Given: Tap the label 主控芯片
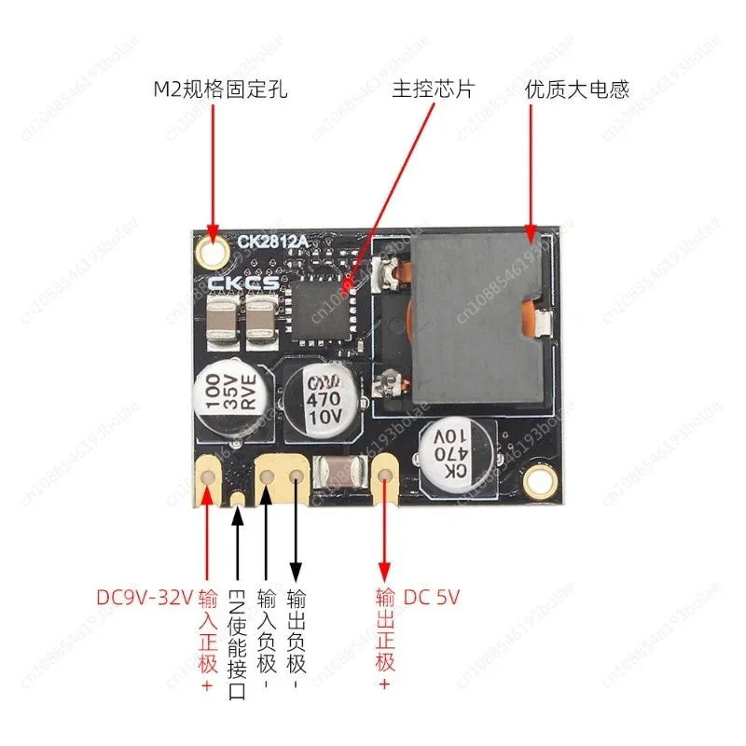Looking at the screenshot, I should click(434, 90).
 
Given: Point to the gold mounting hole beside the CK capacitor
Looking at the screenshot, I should click(538, 481).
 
